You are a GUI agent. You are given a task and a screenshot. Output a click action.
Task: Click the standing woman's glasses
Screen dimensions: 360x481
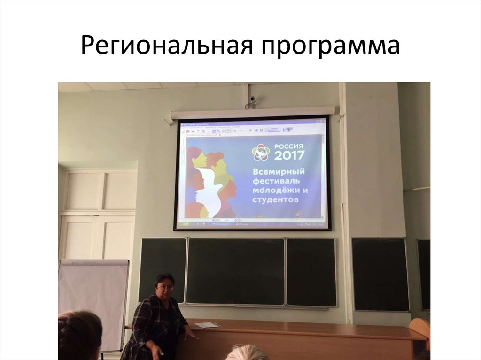click(x=166, y=287)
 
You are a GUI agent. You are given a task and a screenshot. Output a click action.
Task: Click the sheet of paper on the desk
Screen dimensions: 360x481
click(x=207, y=324)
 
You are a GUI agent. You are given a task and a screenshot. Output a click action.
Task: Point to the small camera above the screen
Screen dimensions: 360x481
click(x=253, y=99)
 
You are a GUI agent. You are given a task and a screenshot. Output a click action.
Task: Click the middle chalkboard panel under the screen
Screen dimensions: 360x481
click(x=235, y=271)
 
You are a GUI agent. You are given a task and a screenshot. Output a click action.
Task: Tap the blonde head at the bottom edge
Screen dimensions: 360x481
click(x=247, y=352)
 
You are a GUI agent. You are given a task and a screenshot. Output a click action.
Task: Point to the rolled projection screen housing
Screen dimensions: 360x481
click(x=253, y=113)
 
